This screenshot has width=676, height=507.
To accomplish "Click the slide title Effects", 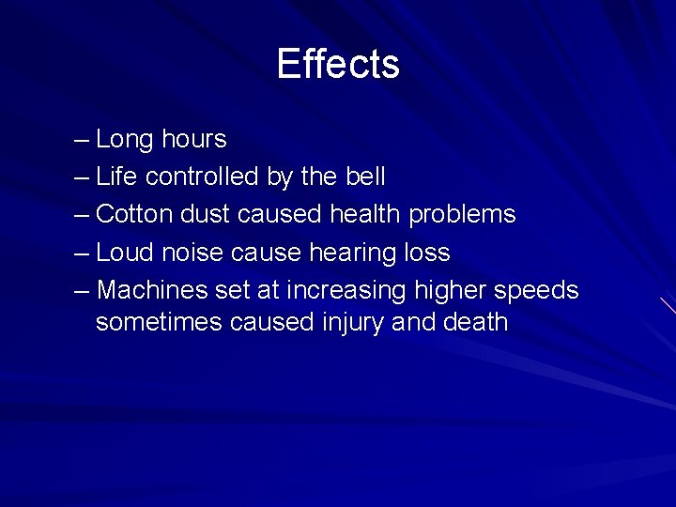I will coord(338,64).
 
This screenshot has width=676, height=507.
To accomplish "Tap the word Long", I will coord(124,140).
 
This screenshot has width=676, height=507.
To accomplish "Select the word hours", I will coord(193,139).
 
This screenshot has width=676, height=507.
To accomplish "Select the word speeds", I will coord(537,291).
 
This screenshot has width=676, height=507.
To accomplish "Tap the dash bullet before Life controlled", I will coord(82,177).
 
